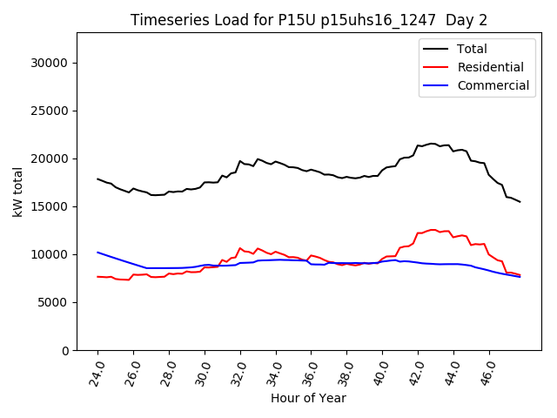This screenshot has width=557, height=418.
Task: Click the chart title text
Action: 308,20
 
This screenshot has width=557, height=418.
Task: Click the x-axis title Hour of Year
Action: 308,398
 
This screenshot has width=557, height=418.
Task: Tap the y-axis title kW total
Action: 18,192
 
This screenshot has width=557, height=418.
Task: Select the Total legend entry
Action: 473,49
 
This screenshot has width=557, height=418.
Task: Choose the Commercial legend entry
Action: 493,85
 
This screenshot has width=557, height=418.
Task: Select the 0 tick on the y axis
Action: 65,350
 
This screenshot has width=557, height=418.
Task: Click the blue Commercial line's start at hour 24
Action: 97,253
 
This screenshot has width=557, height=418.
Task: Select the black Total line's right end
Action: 520,202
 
